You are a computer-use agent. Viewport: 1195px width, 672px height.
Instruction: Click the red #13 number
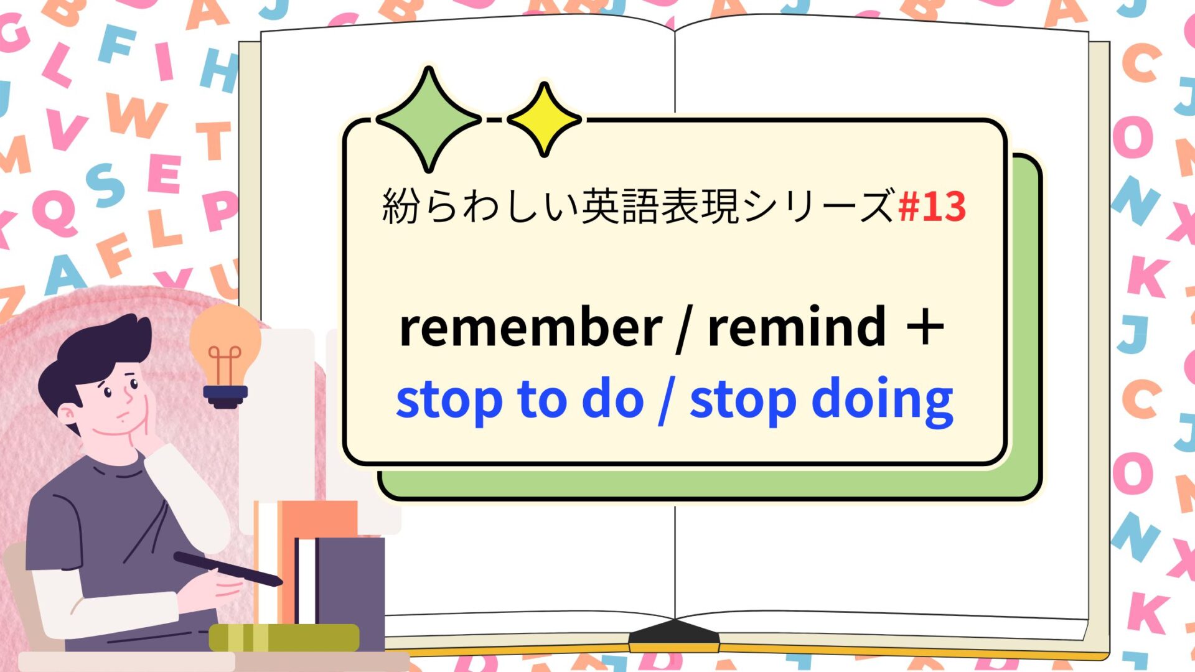(x=932, y=207)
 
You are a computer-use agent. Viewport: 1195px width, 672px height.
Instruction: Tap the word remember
(x=530, y=327)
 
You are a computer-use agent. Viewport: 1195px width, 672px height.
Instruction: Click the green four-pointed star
(x=428, y=119)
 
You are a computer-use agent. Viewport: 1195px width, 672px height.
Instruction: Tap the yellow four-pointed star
(x=545, y=119)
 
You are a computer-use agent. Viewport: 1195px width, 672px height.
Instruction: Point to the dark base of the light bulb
(x=226, y=396)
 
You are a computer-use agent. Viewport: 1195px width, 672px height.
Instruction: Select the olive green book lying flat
(x=284, y=638)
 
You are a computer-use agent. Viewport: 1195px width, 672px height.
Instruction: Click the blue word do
(x=612, y=399)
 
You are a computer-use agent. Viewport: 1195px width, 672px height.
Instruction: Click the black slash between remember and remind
(x=684, y=327)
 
